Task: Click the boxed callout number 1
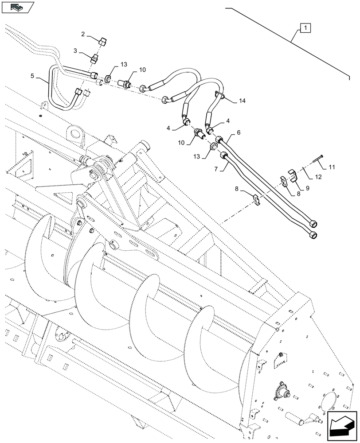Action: (x=306, y=28)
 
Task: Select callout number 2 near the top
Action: (x=83, y=34)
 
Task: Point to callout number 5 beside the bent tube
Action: (x=33, y=76)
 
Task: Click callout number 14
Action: (x=241, y=101)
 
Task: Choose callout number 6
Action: (x=238, y=132)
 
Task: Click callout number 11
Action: (x=332, y=167)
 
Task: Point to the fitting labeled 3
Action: (x=94, y=59)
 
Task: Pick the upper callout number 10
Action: (x=142, y=70)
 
